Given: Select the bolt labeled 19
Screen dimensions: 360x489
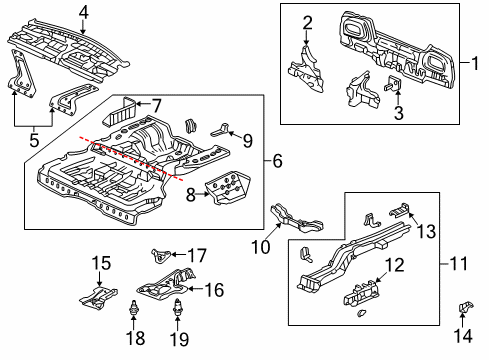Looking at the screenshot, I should click(x=179, y=312).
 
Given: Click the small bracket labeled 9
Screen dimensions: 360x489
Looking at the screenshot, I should click(x=221, y=127).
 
